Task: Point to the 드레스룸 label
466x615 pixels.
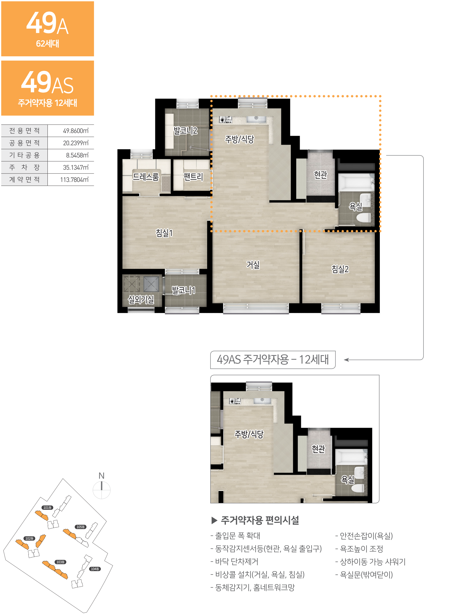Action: pyautogui.click(x=146, y=177)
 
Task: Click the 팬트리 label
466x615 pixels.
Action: pyautogui.click(x=193, y=177)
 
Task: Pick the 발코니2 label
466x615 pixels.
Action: pyautogui.click(x=185, y=130)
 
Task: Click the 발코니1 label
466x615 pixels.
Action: pyautogui.click(x=183, y=290)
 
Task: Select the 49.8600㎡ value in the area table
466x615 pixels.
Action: pyautogui.click(x=76, y=131)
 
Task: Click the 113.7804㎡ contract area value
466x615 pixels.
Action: pyautogui.click(x=74, y=180)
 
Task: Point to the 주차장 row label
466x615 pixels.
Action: pyautogui.click(x=24, y=167)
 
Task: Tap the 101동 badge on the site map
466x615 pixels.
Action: pyautogui.click(x=47, y=507)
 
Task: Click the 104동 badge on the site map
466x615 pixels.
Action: pyautogui.click(x=95, y=569)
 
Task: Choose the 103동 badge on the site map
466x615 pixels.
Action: pyautogui.click(x=61, y=562)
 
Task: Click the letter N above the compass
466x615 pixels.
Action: pyautogui.click(x=102, y=476)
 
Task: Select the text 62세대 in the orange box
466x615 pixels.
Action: pyautogui.click(x=48, y=44)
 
